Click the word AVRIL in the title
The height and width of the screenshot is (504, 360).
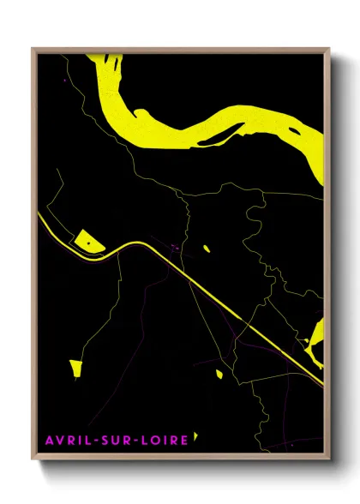[67, 441]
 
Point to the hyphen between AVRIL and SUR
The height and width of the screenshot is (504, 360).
[93, 441]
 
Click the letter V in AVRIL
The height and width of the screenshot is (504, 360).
[60, 441]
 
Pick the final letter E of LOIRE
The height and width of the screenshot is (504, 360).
[183, 441]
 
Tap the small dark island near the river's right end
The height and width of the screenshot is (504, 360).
[297, 132]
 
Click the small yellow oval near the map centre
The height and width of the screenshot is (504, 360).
[206, 249]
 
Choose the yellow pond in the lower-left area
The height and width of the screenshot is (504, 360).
[75, 369]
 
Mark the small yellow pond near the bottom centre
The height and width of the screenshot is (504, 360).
[218, 374]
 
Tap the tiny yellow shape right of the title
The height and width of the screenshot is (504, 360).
[196, 436]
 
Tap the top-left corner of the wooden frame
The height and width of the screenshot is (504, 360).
[33, 49]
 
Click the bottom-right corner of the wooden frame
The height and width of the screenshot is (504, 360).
[330, 457]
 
